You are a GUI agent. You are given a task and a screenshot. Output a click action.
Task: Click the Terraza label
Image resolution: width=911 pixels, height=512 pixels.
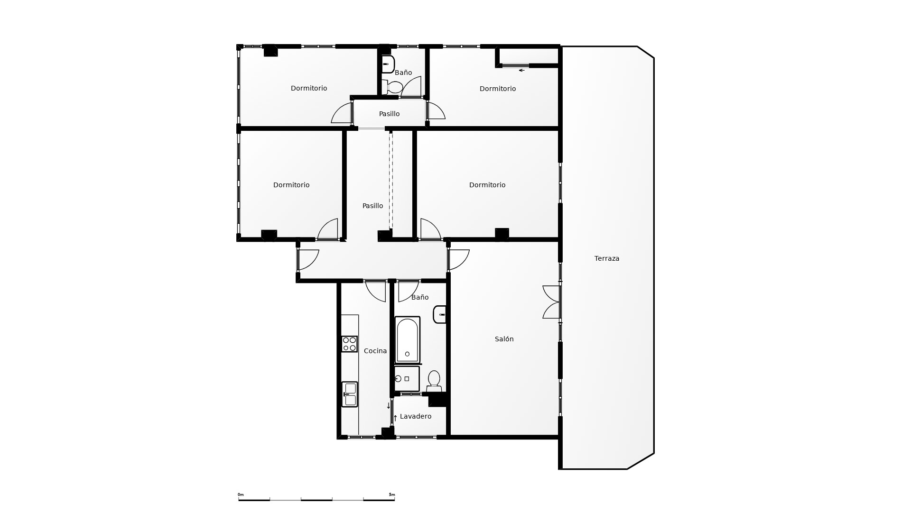click(607, 258)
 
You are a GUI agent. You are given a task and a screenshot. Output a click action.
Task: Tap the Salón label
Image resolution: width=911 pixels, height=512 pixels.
click(504, 339)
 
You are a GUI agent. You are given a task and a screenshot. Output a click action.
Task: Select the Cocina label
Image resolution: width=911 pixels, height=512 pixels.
click(375, 351)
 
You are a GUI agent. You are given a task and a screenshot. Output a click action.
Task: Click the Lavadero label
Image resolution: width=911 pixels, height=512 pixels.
click(416, 416)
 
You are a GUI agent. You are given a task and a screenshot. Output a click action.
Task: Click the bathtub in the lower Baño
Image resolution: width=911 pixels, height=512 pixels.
click(407, 340)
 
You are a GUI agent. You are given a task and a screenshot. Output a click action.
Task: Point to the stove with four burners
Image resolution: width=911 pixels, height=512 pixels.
click(350, 344)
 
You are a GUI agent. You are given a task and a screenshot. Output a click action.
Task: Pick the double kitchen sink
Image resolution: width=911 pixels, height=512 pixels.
click(350, 394)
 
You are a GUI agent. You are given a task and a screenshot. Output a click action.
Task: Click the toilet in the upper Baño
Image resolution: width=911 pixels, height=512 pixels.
click(392, 87)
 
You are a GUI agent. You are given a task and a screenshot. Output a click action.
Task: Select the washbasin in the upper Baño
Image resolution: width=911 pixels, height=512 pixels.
click(388, 64)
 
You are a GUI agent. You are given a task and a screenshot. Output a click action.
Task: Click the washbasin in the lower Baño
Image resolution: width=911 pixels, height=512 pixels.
click(440, 314)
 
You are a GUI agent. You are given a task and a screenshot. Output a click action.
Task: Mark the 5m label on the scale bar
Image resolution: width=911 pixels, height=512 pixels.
click(392, 494)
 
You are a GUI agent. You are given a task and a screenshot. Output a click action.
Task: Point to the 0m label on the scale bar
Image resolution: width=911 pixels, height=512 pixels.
click(241, 494)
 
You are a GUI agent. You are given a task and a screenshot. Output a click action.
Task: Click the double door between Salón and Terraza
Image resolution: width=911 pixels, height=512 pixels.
click(551, 302)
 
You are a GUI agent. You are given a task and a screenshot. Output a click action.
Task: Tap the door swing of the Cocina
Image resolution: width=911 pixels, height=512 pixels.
click(375, 291)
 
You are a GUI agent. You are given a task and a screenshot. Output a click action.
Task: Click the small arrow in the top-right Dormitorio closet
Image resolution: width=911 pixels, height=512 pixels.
click(521, 70)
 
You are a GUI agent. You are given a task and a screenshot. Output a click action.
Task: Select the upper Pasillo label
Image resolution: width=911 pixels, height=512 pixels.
click(389, 114)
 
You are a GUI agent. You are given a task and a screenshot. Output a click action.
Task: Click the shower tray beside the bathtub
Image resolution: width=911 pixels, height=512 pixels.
click(407, 379)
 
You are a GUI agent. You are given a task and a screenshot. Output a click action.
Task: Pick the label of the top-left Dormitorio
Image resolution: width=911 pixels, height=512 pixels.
click(309, 88)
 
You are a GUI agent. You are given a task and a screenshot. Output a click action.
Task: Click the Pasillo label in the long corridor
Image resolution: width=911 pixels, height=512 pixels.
click(372, 206)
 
